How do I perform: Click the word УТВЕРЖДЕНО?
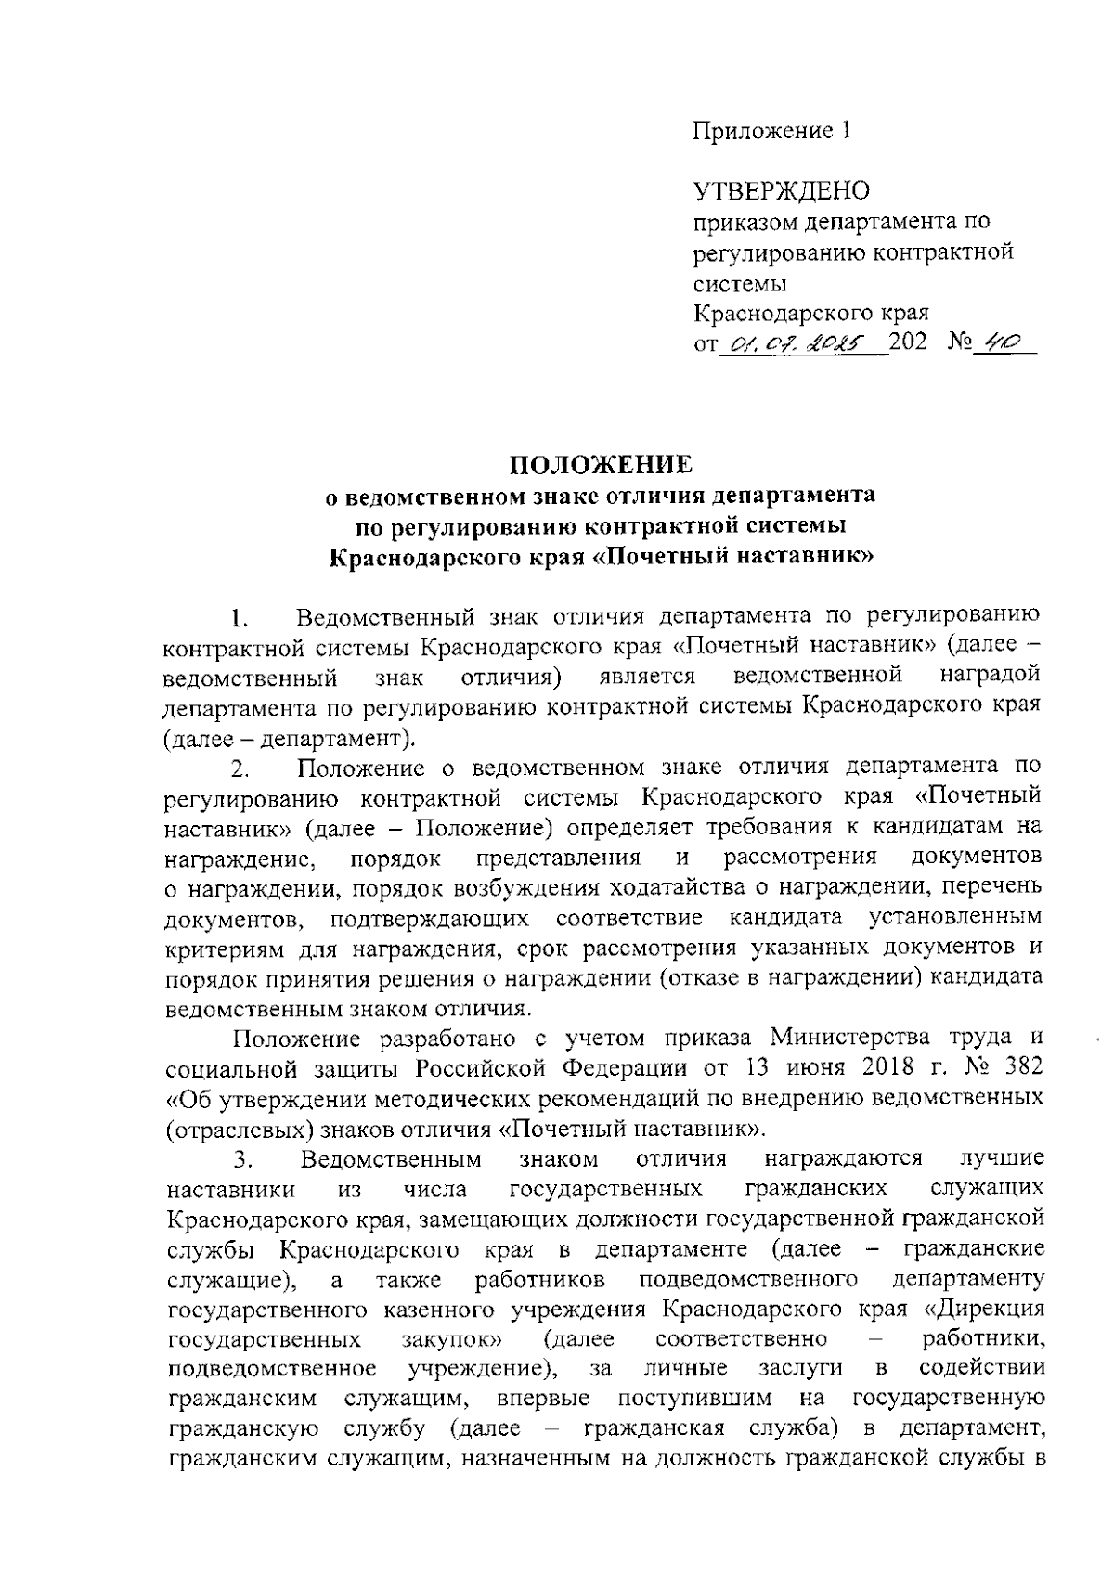[783, 191]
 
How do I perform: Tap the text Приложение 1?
[772, 131]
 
